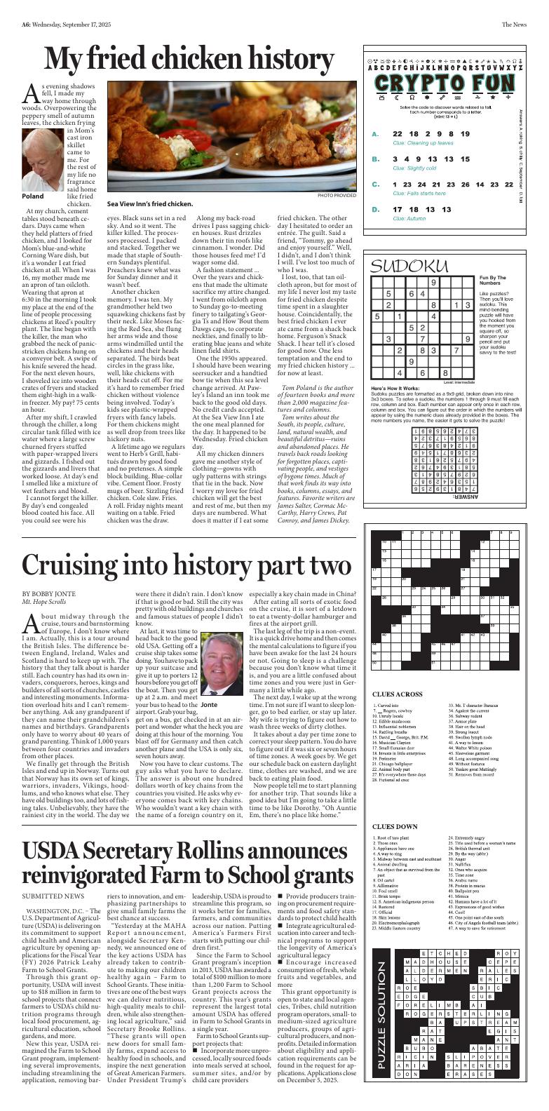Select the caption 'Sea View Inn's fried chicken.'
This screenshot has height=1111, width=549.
[x=150, y=204]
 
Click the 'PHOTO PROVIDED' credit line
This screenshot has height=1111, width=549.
[x=337, y=196]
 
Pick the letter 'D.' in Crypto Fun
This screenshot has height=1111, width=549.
[x=376, y=209]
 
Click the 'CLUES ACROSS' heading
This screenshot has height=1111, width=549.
[x=398, y=694]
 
